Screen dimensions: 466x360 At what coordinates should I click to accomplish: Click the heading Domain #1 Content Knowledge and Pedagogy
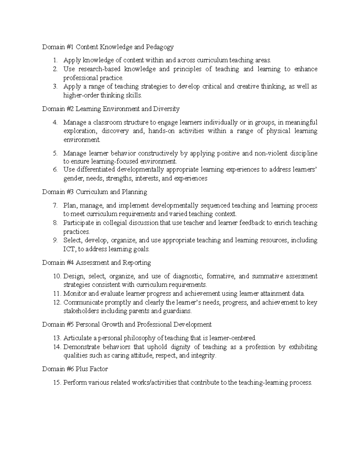(x=108, y=47)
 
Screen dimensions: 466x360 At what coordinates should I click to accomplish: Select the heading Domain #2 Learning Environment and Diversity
(x=111, y=109)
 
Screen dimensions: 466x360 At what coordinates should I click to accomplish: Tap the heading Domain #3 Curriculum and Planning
(x=94, y=192)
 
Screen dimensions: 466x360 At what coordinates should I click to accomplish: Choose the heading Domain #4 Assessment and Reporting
(x=96, y=263)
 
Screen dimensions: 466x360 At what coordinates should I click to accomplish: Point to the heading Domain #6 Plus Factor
(x=75, y=369)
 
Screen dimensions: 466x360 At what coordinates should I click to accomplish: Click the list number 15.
(x=57, y=383)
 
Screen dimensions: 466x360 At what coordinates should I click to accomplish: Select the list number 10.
(x=57, y=276)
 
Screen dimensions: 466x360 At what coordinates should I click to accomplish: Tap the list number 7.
(x=55, y=206)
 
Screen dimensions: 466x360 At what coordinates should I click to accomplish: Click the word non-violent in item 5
(x=271, y=154)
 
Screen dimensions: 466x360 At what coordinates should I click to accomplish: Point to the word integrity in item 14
(x=203, y=356)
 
